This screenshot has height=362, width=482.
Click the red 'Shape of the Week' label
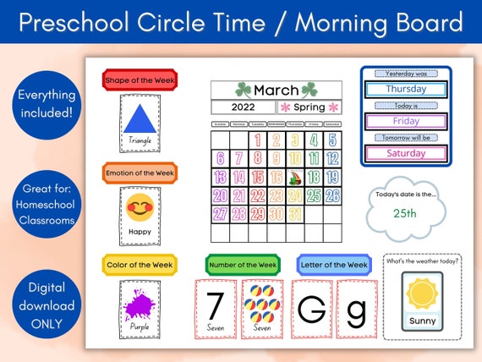coord(140,80)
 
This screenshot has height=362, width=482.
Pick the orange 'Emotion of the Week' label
coord(140,173)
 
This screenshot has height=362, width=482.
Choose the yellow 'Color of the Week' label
coord(140,265)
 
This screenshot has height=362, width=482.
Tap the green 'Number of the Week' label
coord(242,265)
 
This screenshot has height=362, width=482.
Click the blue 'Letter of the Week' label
coord(333,265)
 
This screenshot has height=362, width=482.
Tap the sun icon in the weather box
coord(420,295)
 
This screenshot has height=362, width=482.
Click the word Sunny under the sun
coord(420,321)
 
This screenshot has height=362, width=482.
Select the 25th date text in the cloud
coord(405,213)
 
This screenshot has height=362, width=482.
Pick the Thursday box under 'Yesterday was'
coord(406,89)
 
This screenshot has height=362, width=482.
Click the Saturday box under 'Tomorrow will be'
coord(406,153)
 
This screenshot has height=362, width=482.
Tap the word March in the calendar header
coord(276,90)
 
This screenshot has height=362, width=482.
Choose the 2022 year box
coord(243,107)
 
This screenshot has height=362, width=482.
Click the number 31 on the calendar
coord(294,215)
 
